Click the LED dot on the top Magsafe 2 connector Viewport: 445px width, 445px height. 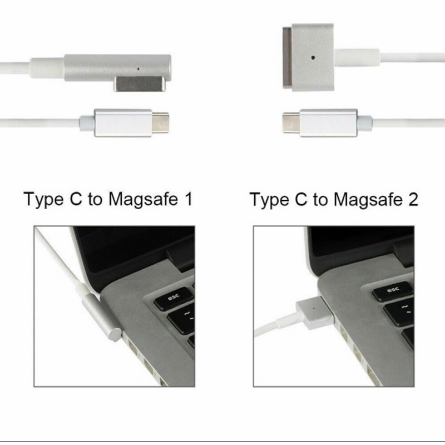click(x=313, y=57)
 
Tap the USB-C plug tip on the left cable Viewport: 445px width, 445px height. click(x=160, y=123)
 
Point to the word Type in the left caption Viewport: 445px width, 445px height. click(x=43, y=200)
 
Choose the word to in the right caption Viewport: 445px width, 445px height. click(x=320, y=200)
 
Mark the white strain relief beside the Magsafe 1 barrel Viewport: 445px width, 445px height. click(x=47, y=68)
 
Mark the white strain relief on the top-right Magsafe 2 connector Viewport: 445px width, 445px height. click(x=356, y=57)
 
